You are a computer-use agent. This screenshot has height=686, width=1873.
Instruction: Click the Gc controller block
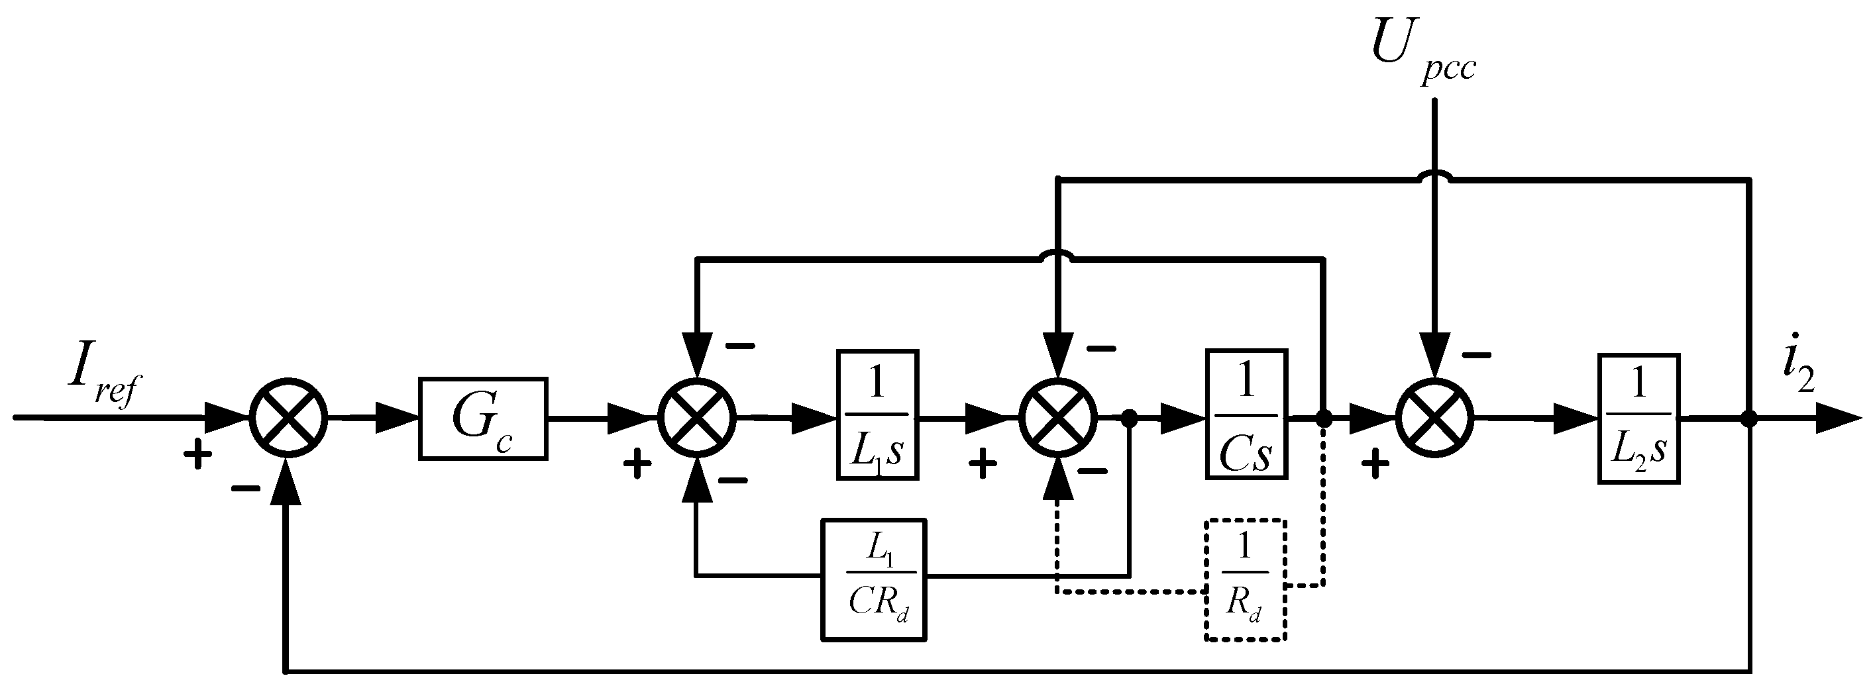(x=483, y=418)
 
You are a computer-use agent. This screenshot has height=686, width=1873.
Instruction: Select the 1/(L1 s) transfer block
(x=878, y=415)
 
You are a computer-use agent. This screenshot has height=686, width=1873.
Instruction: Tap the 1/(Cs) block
(x=1246, y=415)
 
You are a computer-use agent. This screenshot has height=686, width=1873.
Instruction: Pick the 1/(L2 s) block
(x=1639, y=418)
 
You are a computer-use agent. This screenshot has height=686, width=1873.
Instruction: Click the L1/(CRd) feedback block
(x=874, y=579)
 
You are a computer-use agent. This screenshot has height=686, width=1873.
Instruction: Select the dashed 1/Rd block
(x=1246, y=579)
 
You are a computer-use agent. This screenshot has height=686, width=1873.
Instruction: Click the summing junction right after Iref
(x=289, y=418)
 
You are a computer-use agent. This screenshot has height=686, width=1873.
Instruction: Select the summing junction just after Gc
(x=697, y=418)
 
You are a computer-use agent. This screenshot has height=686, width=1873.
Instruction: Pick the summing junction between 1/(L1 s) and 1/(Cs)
(x=1058, y=418)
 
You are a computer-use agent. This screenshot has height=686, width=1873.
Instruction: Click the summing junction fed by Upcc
(x=1434, y=418)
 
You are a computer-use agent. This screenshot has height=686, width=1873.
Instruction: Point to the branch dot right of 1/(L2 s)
(x=1749, y=418)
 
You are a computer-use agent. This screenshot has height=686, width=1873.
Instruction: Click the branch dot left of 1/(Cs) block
(x=1129, y=418)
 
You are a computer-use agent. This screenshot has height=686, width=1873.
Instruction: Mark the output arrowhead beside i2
(x=1838, y=419)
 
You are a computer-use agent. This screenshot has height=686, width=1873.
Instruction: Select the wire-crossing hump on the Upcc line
(x=1434, y=176)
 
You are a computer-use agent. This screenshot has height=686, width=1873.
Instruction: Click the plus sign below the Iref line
(x=197, y=456)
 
